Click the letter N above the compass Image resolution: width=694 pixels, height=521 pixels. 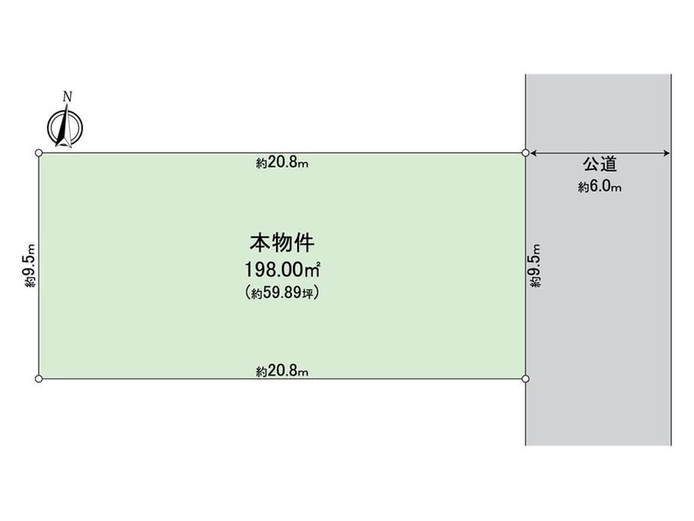point(67,97)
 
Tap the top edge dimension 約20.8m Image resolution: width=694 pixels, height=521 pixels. point(282,163)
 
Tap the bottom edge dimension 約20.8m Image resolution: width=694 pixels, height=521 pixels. point(282,371)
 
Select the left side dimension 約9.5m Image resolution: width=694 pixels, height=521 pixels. point(29,266)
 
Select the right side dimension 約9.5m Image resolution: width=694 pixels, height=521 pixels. point(535,266)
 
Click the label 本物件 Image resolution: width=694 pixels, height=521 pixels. point(282,243)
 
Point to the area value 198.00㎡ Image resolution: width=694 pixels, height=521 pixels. point(282,270)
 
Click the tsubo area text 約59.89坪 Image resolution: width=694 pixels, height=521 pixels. point(282,292)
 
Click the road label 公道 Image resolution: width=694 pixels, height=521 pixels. point(600,165)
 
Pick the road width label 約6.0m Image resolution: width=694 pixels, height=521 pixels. point(600,187)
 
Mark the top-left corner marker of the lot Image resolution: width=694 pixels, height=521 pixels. point(39,153)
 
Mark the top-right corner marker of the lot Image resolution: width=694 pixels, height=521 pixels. point(525,153)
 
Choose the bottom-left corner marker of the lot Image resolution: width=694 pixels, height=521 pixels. point(39,379)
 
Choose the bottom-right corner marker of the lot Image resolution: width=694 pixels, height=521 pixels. point(525,379)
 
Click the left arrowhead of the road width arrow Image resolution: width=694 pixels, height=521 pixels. point(533,153)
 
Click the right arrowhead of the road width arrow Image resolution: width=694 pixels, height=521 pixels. point(667,153)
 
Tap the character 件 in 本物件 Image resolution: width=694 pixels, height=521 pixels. point(305,243)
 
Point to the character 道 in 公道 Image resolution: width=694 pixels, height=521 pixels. point(609,165)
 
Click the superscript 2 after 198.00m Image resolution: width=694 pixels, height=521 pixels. point(318,264)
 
